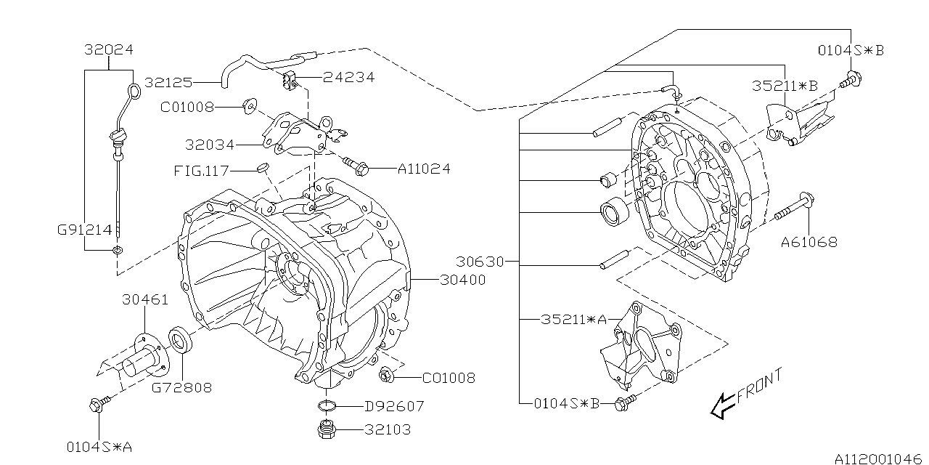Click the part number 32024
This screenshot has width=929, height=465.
108,50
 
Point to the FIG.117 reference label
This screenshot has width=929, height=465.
201,171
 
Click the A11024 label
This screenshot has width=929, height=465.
424,169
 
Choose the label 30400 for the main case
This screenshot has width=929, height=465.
462,278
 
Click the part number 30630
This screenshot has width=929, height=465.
480,261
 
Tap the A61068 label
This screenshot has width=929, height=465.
809,242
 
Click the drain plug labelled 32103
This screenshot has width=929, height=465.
327,429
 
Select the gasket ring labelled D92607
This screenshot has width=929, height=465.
327,405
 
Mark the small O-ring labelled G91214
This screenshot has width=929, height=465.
117,251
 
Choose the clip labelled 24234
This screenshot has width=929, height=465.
288,79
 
